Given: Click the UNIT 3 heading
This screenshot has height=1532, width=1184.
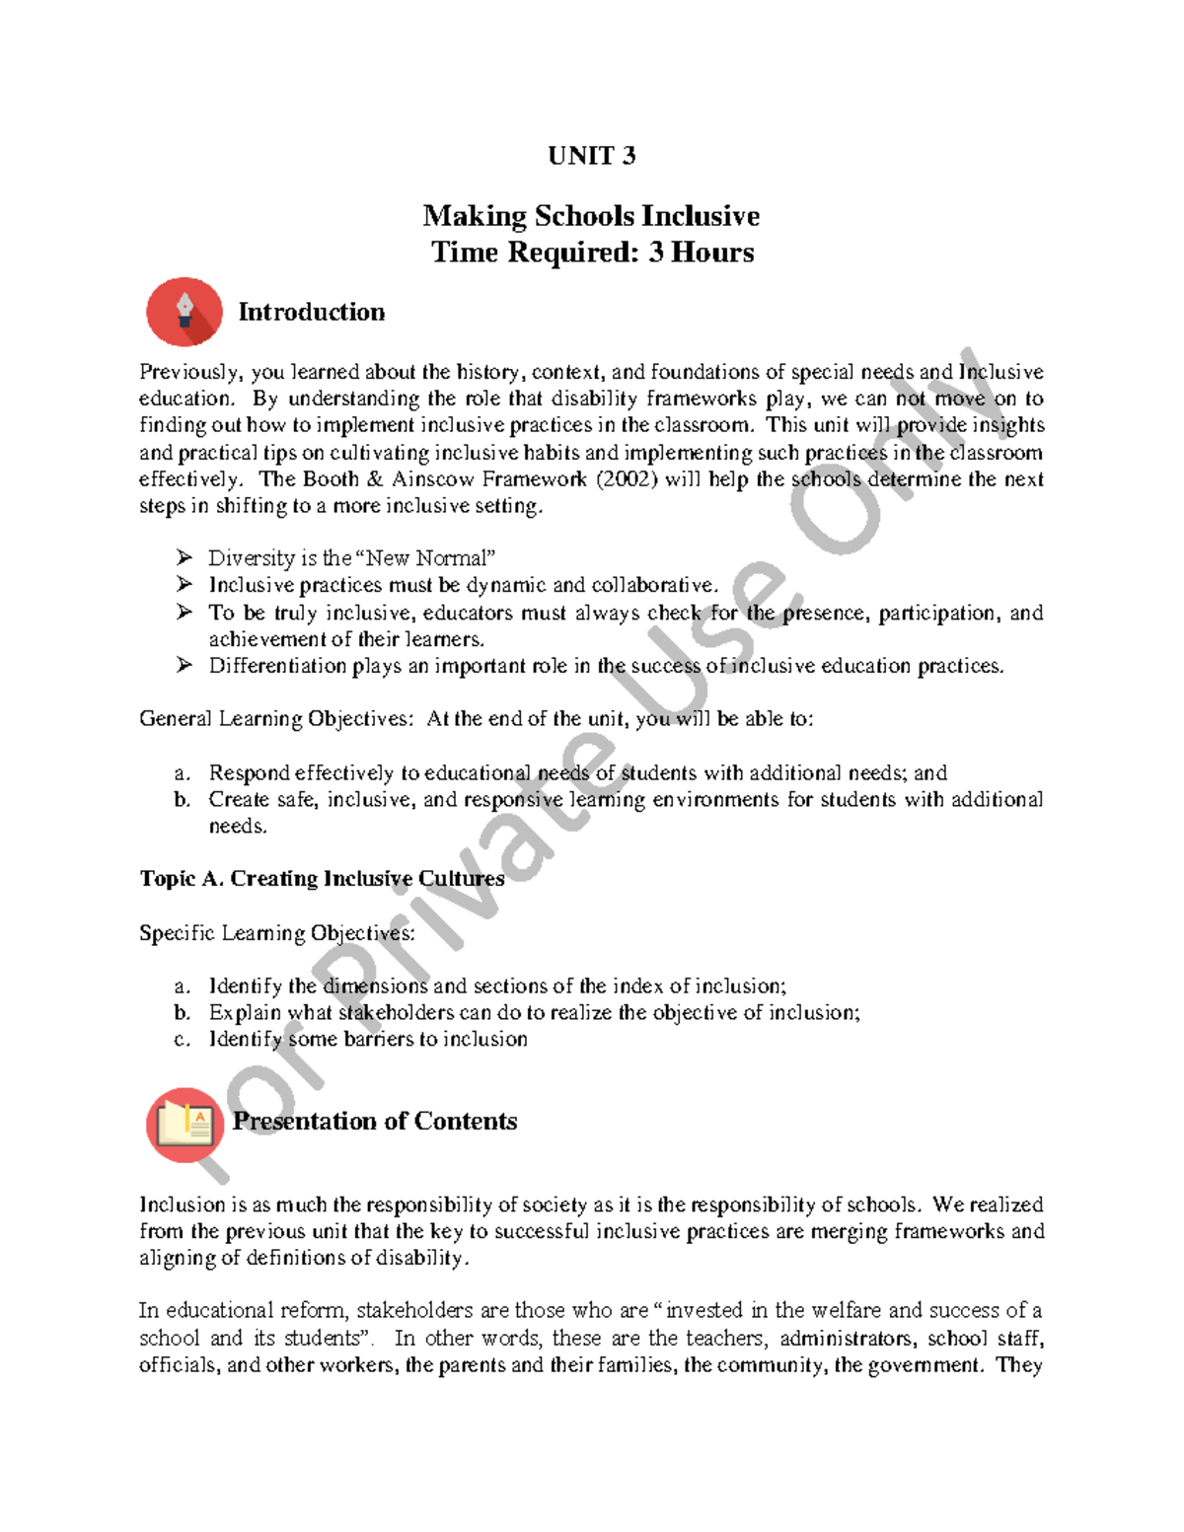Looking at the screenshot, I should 591,156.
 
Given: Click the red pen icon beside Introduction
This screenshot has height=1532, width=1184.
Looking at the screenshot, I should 185,312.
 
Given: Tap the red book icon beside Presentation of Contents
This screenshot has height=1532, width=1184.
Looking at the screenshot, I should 185,1124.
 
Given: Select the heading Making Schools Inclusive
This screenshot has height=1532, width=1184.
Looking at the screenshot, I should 591,216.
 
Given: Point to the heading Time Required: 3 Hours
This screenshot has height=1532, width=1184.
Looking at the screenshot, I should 592,253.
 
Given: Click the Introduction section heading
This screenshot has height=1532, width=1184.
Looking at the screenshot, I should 311,312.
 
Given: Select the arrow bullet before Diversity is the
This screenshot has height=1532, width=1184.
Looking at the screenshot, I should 184,557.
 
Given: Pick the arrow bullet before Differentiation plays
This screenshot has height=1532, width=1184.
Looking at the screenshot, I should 184,666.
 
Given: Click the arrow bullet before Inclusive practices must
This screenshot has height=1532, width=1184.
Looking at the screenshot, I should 184,585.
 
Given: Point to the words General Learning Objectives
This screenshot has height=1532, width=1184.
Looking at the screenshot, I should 275,719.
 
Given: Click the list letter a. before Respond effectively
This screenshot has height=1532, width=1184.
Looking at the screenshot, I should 182,773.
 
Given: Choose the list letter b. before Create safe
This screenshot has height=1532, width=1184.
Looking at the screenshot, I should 182,800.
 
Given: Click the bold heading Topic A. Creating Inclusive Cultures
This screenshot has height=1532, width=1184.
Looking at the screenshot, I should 322,879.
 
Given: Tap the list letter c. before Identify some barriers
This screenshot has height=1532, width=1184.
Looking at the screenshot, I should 182,1040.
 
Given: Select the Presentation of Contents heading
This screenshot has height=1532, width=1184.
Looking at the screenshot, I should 375,1122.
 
